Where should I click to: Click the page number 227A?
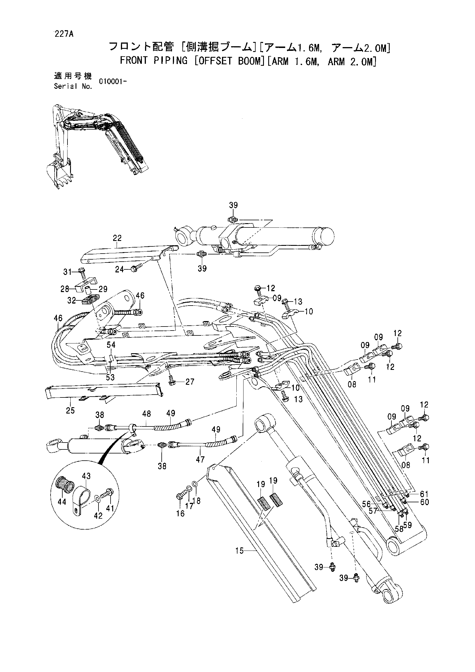coord(63,34)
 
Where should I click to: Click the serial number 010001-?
coord(113,82)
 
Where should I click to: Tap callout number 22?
coord(117,238)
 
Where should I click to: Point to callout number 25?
coord(70,411)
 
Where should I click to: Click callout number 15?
coord(240,551)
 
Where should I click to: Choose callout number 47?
coord(200,459)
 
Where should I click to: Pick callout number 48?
coord(146,414)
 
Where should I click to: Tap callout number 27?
coord(190,382)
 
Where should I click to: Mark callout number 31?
coord(67,272)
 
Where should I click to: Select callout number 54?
coord(111,345)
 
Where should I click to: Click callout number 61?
coord(424,494)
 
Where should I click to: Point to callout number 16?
coord(180,513)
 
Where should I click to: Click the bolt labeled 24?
coord(137,268)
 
